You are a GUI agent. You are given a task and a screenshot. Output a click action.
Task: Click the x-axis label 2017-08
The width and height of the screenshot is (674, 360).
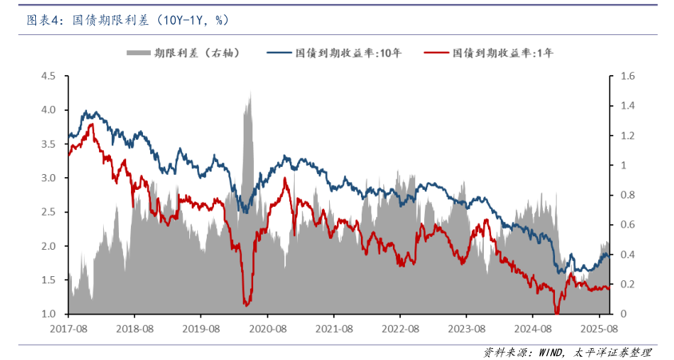click(68, 328)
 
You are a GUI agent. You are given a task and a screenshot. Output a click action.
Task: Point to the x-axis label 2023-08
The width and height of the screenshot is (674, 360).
click(467, 328)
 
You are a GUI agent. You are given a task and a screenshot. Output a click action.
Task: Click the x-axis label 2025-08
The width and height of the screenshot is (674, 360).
click(600, 328)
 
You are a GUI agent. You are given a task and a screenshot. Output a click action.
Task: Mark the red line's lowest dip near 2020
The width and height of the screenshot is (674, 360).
click(246, 304)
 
